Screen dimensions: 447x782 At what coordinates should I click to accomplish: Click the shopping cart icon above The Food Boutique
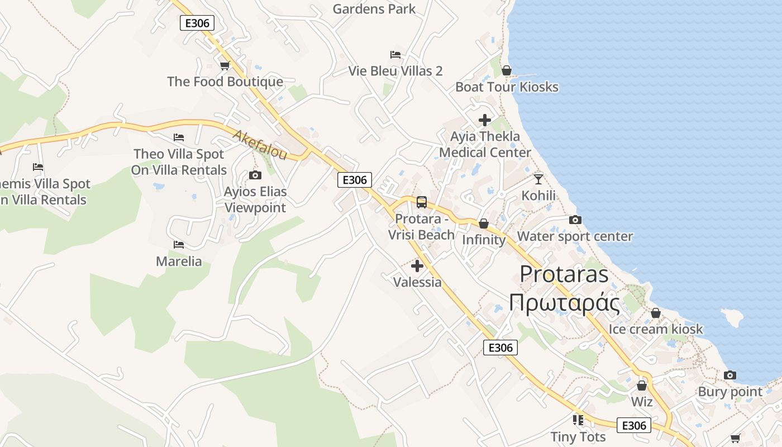[x=225, y=66]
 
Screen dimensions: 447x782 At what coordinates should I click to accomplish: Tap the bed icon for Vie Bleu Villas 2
[x=395, y=55]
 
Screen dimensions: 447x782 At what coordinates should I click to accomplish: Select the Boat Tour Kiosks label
[x=507, y=87]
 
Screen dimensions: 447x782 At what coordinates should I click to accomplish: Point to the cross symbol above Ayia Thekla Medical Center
[x=485, y=120]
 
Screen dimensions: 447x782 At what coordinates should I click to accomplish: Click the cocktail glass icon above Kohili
[x=538, y=179]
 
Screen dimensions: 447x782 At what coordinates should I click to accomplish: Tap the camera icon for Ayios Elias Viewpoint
[x=255, y=175]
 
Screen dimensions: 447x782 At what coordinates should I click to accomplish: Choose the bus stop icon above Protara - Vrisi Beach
[x=422, y=202]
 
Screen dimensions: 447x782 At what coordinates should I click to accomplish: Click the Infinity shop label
[x=484, y=240]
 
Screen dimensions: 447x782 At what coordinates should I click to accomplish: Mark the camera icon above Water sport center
[x=575, y=220]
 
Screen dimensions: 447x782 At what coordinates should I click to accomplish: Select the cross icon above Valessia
[x=417, y=266]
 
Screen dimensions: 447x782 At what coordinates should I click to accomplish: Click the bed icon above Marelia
[x=179, y=245]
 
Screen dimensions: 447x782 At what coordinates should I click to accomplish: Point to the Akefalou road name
[x=260, y=145]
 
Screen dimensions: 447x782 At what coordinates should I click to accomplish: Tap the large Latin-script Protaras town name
[x=564, y=274]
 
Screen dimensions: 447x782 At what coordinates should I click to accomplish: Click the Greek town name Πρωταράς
[x=564, y=303]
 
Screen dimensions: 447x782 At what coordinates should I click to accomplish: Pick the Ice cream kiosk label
[x=656, y=329]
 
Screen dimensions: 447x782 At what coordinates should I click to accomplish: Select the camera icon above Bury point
[x=730, y=375]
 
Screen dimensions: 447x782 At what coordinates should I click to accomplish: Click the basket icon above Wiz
[x=642, y=386]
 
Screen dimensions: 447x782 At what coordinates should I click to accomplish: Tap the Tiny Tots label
[x=578, y=436]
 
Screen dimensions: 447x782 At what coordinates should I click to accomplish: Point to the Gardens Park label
[x=374, y=9]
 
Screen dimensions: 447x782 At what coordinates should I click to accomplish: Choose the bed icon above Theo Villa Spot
[x=179, y=137]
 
